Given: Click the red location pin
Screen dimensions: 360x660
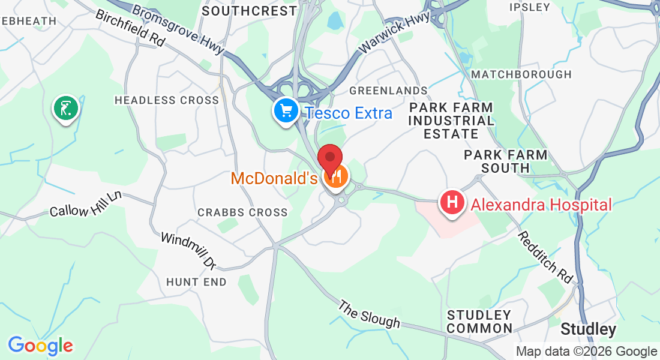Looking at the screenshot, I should pyautogui.click(x=329, y=158).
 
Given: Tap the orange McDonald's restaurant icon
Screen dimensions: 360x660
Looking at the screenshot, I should pyautogui.click(x=337, y=176).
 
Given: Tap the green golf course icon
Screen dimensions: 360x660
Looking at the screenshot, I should pyautogui.click(x=65, y=108).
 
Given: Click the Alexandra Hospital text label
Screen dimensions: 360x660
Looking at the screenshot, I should pyautogui.click(x=541, y=205).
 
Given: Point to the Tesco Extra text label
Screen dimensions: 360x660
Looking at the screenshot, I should pyautogui.click(x=348, y=113).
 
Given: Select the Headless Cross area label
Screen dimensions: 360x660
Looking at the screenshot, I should pyautogui.click(x=167, y=100).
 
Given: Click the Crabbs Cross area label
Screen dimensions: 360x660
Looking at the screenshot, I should pyautogui.click(x=242, y=212).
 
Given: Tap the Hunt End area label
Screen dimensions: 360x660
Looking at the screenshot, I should pyautogui.click(x=196, y=281).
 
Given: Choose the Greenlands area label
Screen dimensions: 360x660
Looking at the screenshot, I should pyautogui.click(x=388, y=91).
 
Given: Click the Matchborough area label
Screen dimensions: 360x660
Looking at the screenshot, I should pyautogui.click(x=521, y=74).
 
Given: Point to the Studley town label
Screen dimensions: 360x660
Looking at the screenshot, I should pyautogui.click(x=588, y=329).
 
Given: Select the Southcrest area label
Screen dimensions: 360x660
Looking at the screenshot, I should pyautogui.click(x=250, y=11).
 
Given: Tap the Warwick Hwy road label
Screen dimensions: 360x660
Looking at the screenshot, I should pyautogui.click(x=394, y=32).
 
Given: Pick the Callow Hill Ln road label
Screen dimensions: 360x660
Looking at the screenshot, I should pyautogui.click(x=86, y=204).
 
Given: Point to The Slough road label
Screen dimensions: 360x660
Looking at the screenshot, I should pyautogui.click(x=369, y=314).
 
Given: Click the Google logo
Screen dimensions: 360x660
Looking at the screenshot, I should pyautogui.click(x=40, y=346).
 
